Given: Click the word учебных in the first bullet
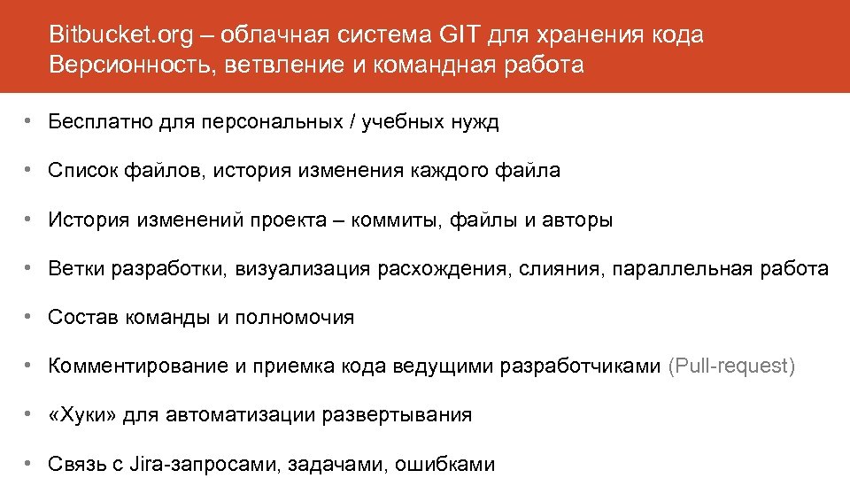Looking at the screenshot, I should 408,122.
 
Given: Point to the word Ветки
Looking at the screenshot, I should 77,268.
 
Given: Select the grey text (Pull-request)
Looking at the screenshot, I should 731,366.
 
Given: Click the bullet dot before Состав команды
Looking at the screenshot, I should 29,317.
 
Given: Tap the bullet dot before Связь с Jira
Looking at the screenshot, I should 29,463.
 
